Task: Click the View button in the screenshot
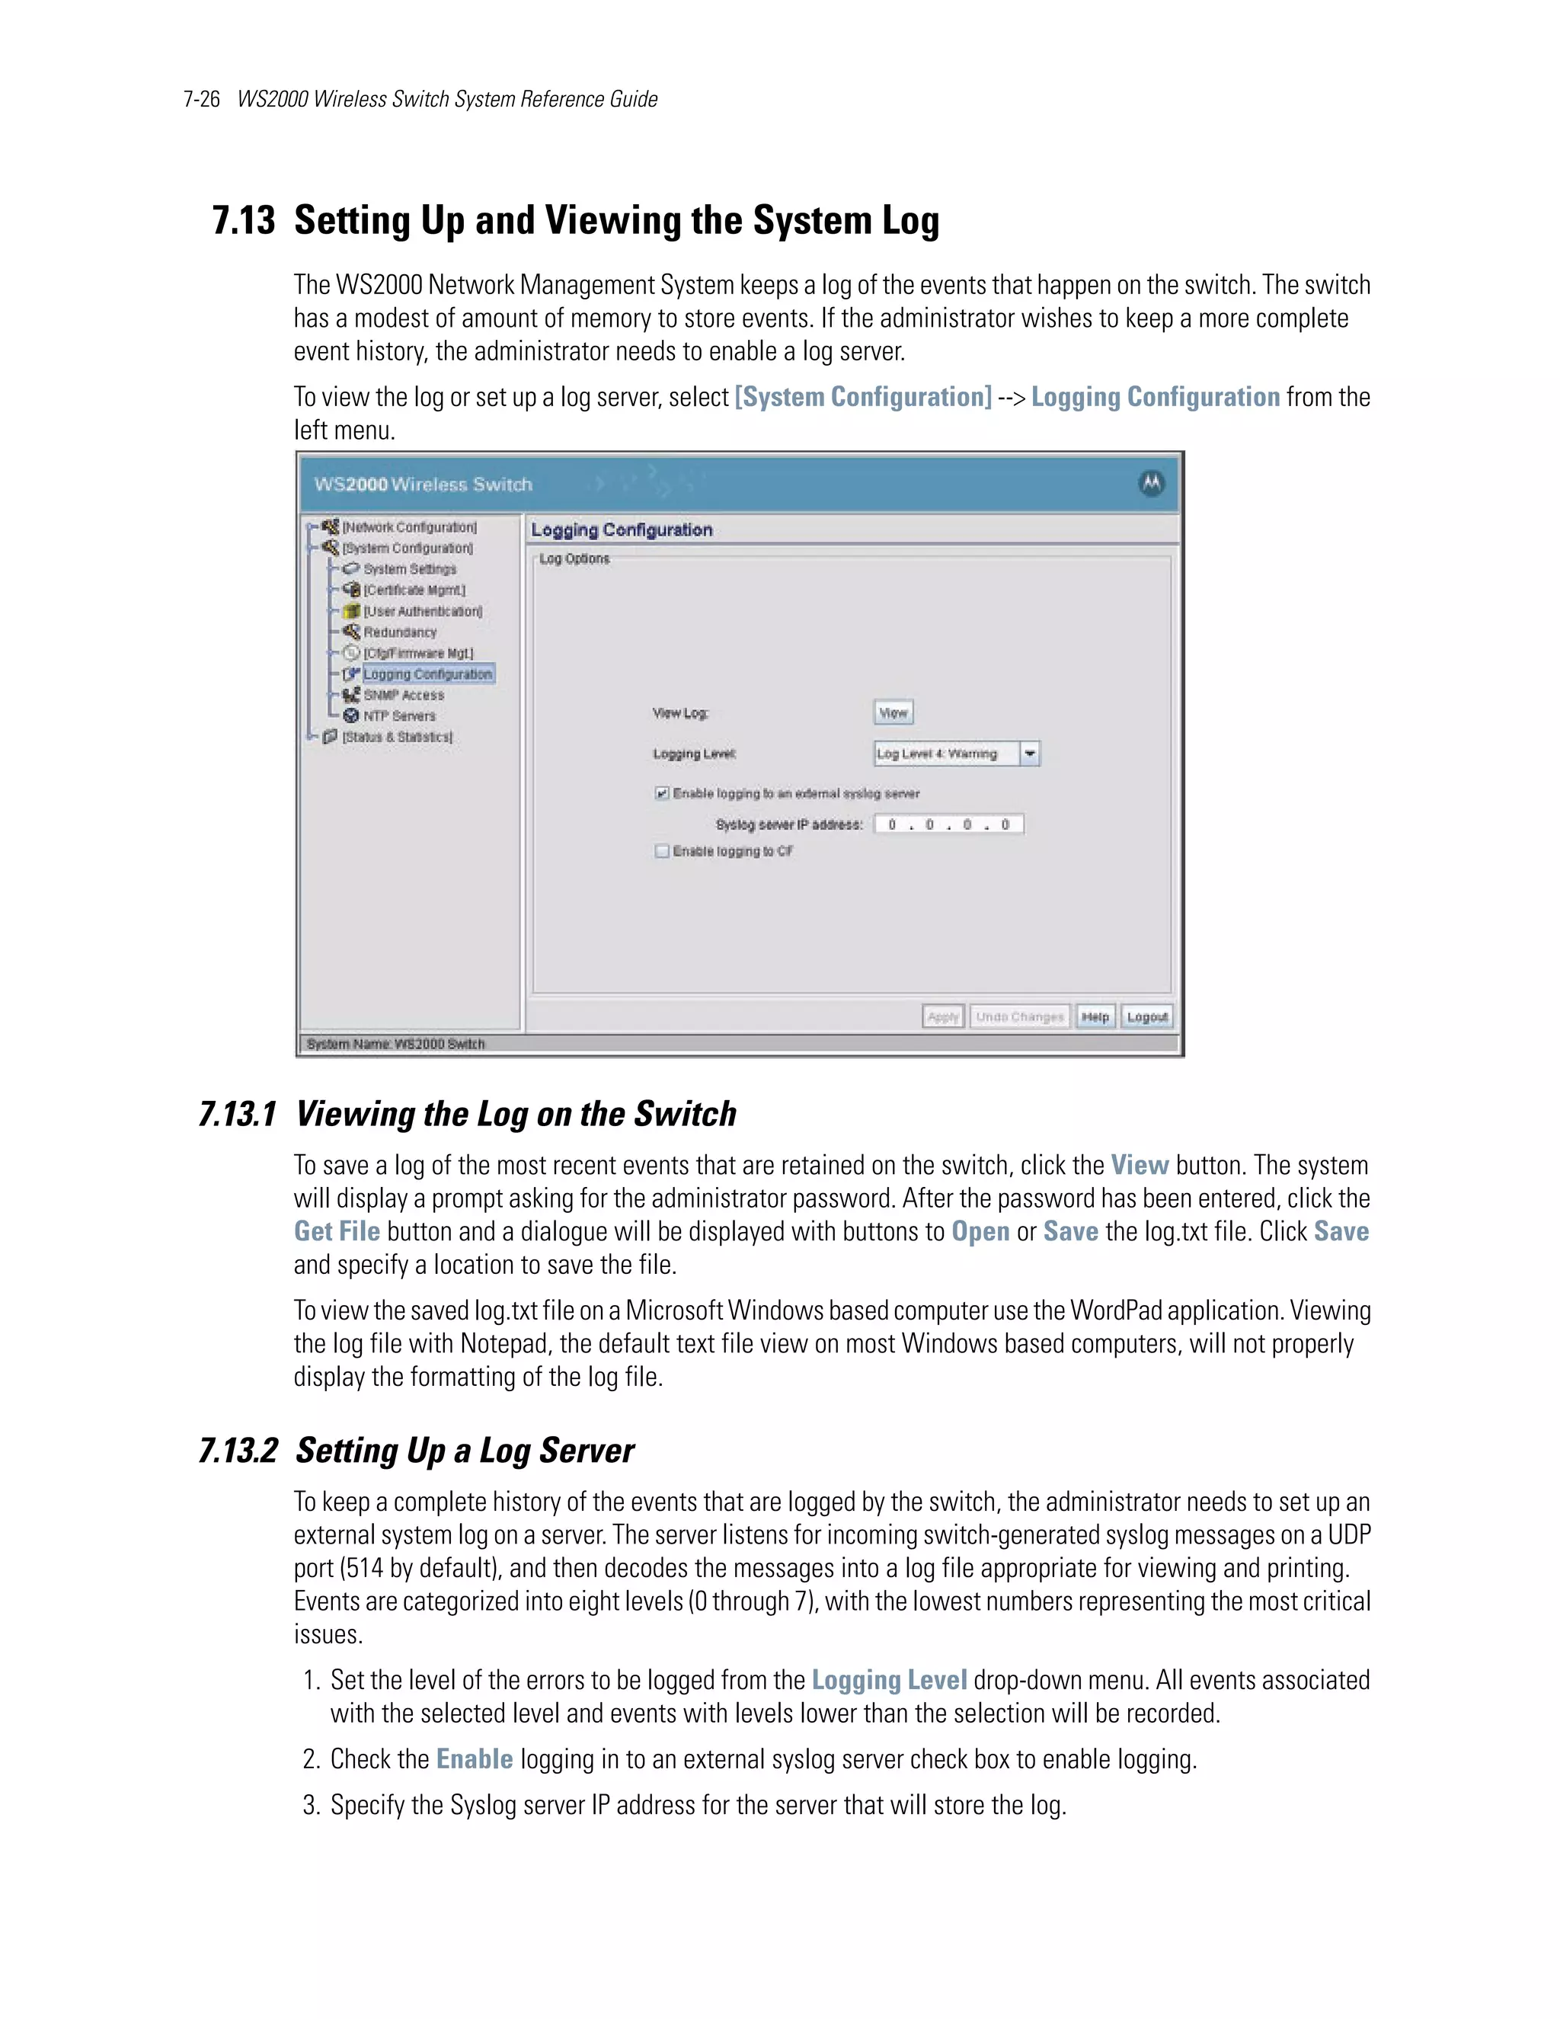893,713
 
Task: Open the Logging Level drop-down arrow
1030,754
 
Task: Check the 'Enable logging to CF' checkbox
662,852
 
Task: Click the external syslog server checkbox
662,793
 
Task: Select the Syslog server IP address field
948,824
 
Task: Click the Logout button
1147,1017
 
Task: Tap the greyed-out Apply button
943,1017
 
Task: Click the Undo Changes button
1019,1017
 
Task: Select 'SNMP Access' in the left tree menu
403,695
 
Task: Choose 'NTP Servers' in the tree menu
398,716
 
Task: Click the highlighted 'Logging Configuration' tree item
427,674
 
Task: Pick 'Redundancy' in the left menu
399,632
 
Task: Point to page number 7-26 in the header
201,99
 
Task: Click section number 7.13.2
238,1451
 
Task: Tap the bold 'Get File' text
337,1231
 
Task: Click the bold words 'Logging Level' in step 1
888,1680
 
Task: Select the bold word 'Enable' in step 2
474,1758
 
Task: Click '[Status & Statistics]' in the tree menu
398,737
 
